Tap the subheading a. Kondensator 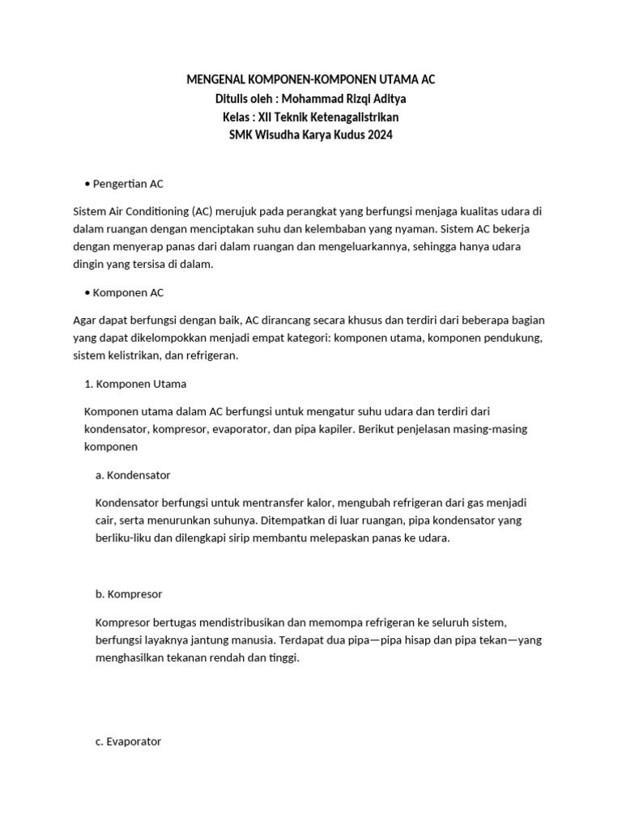(x=133, y=474)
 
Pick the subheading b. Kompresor (x=129, y=593)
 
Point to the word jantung (x=236, y=640)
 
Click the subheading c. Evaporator (x=128, y=741)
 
